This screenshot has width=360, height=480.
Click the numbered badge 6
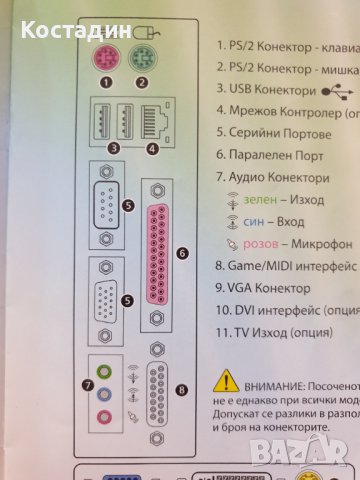(181, 254)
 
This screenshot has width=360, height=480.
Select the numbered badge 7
(89, 383)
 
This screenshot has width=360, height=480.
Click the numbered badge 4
(154, 149)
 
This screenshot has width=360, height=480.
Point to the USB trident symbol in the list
(338, 89)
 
